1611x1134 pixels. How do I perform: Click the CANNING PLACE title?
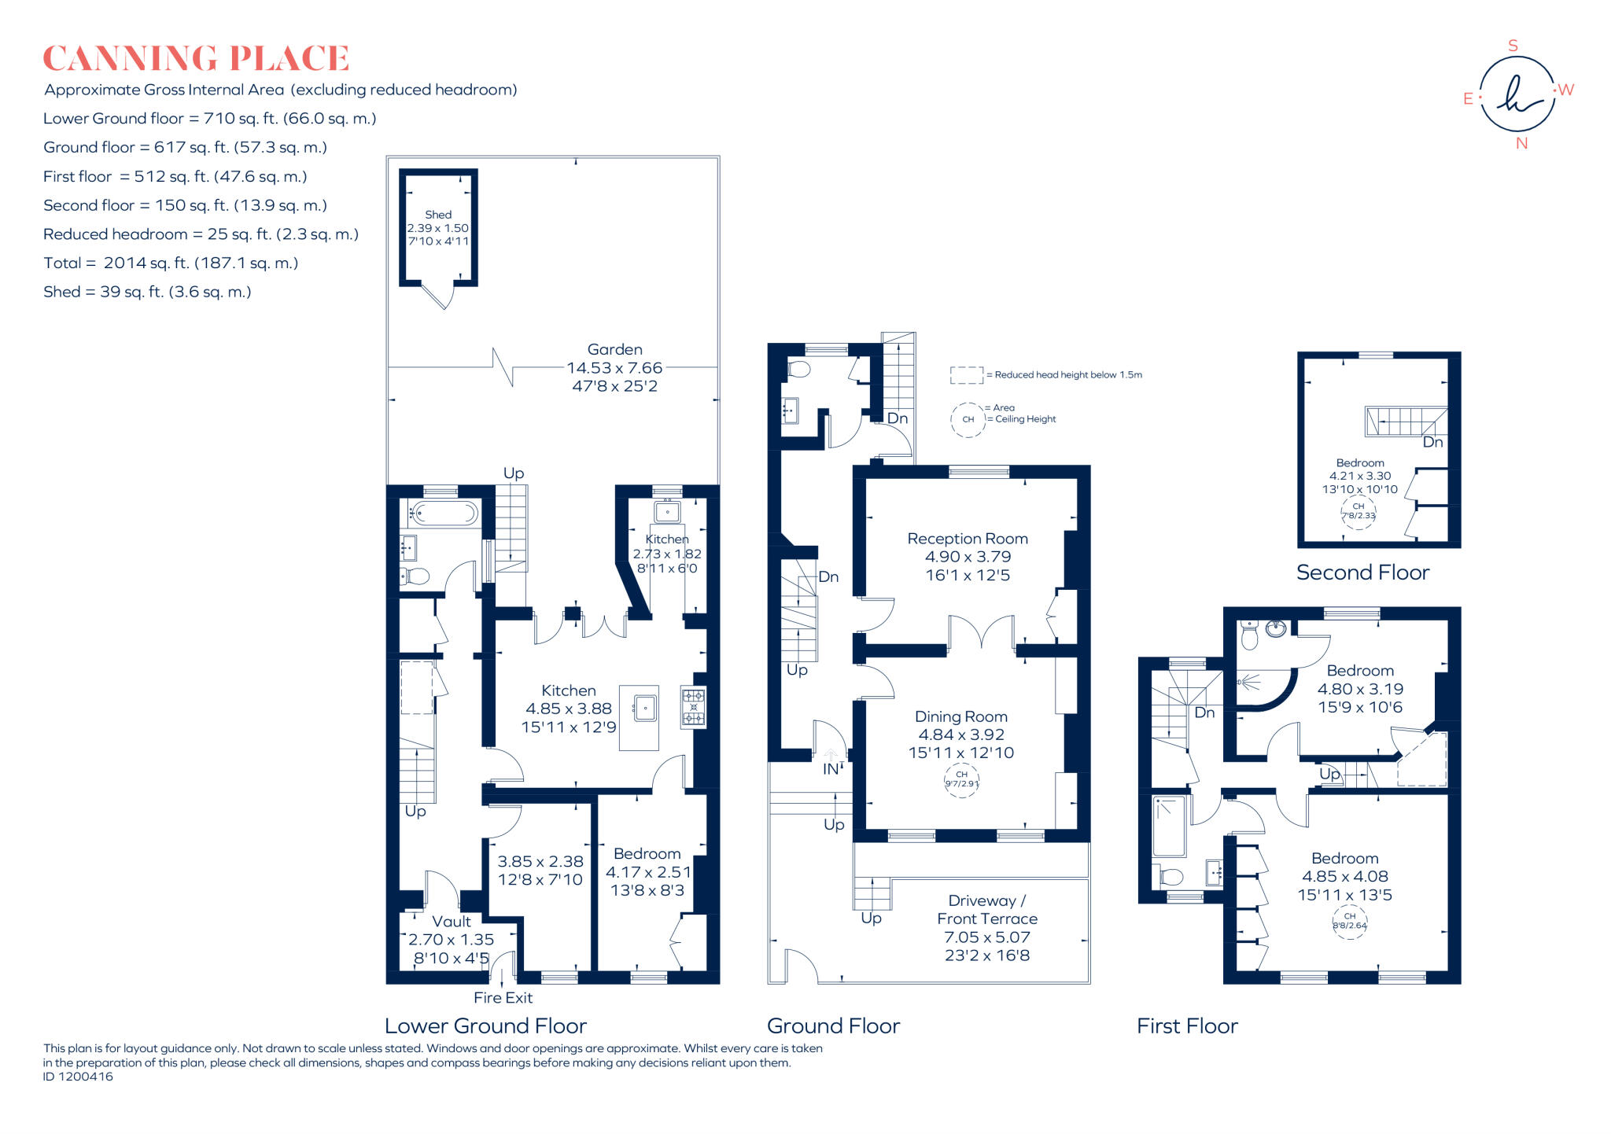point(196,59)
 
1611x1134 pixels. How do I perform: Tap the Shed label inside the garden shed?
point(438,215)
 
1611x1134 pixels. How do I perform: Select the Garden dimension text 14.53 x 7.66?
point(614,368)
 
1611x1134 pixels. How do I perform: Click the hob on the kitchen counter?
point(693,707)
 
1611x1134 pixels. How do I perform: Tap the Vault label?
point(452,922)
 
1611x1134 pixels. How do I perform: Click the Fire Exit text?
point(503,998)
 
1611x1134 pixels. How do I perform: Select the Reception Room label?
point(968,539)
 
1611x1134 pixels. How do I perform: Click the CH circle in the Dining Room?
point(961,779)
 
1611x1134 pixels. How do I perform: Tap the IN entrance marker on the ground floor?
point(831,769)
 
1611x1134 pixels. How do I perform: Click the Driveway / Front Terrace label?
point(987,910)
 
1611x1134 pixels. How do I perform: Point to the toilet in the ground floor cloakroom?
point(798,369)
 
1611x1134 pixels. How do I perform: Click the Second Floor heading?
point(1362,573)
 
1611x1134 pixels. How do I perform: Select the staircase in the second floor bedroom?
point(1404,422)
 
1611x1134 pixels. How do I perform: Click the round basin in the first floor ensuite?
point(1276,628)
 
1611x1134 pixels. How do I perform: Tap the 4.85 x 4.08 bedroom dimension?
point(1344,876)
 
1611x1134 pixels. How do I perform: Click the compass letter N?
point(1521,143)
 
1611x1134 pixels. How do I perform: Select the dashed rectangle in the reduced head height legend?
point(966,375)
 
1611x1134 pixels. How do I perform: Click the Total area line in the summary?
point(171,263)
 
